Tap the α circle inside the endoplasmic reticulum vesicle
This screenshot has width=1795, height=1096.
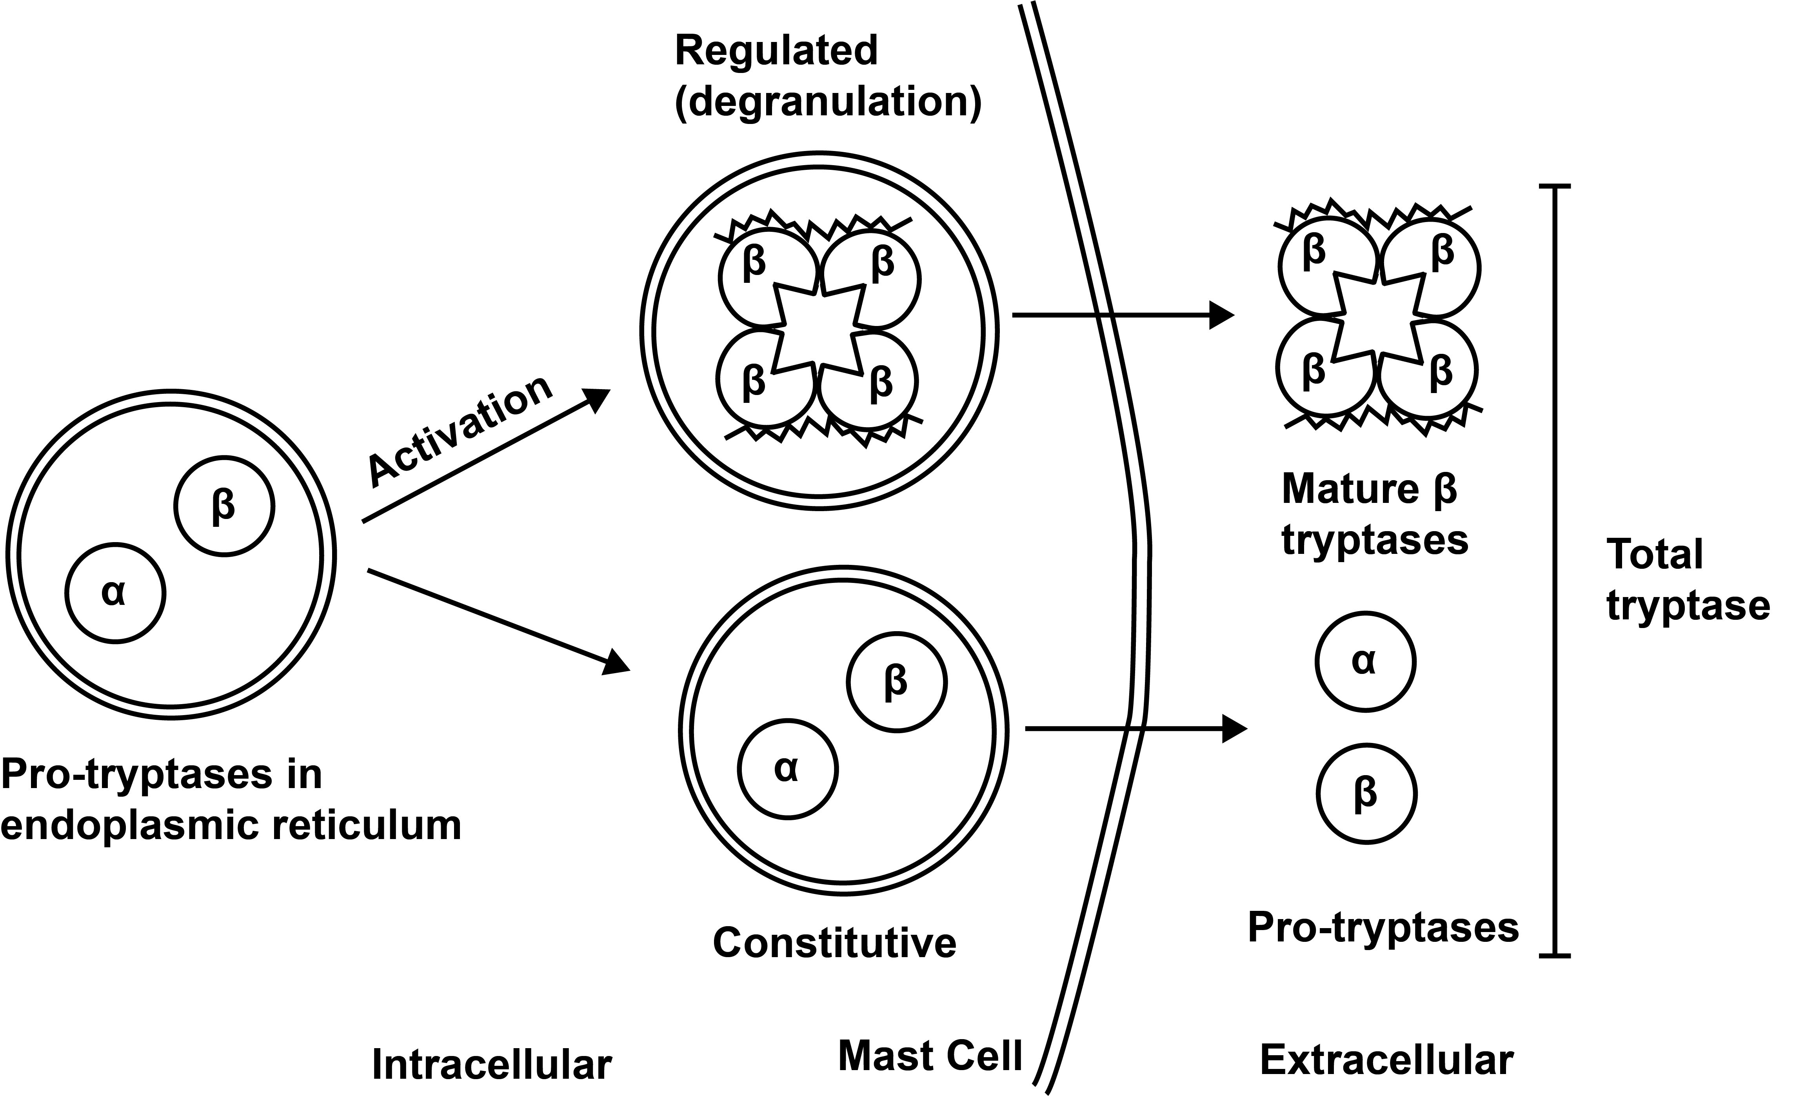tap(115, 593)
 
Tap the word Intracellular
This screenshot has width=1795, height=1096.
tap(492, 1065)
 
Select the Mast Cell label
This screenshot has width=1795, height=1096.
tap(930, 1055)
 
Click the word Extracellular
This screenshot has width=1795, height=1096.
tap(1386, 1060)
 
